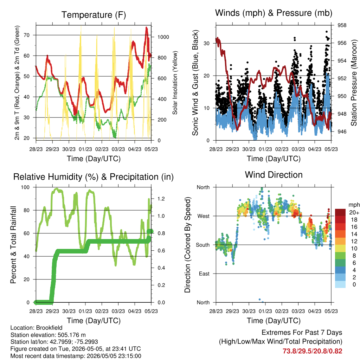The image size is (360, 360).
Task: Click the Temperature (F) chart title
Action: (x=94, y=15)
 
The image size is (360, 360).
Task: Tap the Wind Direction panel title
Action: (x=274, y=175)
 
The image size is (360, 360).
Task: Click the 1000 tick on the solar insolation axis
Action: (x=163, y=37)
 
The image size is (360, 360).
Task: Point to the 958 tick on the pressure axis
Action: (x=342, y=25)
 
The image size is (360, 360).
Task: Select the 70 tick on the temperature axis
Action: (x=27, y=35)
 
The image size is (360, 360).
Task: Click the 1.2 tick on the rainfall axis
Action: (x=161, y=199)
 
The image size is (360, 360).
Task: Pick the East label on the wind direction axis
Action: (x=204, y=274)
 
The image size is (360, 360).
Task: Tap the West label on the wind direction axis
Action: (x=204, y=216)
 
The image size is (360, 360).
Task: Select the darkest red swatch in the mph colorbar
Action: (x=340, y=212)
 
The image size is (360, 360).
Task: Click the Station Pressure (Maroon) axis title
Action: (x=354, y=83)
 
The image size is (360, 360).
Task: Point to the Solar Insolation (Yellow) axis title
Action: (x=175, y=83)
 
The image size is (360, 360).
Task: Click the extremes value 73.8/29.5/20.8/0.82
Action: (x=313, y=351)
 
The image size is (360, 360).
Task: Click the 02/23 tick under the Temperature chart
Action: (x=102, y=149)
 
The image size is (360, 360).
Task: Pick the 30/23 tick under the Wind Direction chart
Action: (x=249, y=311)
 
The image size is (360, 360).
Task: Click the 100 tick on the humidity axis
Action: (x=25, y=187)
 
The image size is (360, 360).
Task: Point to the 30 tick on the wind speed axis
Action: (x=207, y=43)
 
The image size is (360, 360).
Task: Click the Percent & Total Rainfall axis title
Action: (x=13, y=245)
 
